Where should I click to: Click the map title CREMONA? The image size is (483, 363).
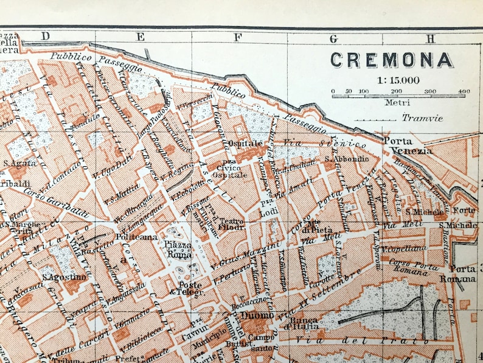(391, 60)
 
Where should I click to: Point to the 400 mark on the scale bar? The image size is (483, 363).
(464, 91)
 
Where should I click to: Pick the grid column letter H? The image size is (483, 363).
(431, 38)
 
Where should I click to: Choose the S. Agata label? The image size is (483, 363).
(16, 163)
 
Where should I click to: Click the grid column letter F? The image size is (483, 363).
(235, 37)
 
